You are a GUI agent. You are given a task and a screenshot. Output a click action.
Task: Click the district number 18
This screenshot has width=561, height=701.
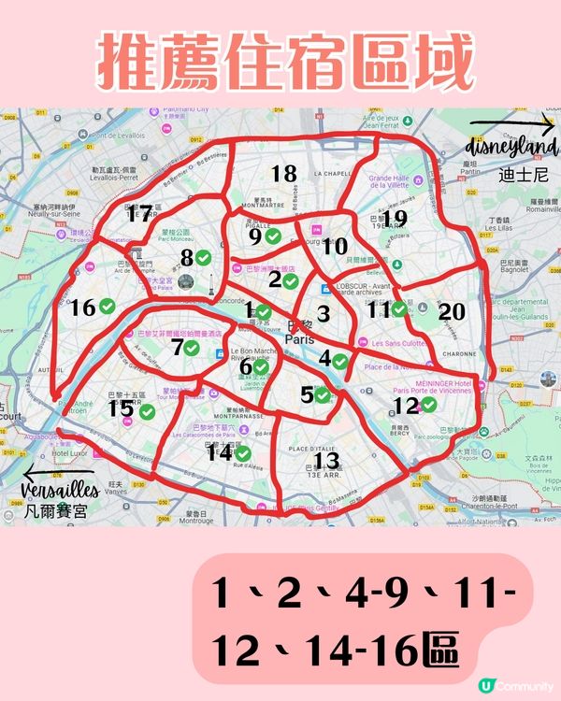pos(283,173)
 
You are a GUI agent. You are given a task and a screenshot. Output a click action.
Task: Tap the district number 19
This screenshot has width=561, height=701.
pos(395,218)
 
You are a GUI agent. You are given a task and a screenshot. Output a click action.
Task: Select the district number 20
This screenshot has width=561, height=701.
pos(452,312)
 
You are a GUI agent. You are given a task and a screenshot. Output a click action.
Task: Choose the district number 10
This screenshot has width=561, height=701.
pos(334,247)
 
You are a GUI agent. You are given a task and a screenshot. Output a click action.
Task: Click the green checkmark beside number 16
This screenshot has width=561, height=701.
pos(108,306)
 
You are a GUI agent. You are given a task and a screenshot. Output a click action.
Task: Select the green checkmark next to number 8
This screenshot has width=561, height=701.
pos(202,257)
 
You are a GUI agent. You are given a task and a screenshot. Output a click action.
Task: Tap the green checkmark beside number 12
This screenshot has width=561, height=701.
pos(428,405)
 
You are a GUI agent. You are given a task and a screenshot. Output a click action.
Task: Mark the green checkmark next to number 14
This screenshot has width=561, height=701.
pos(243,453)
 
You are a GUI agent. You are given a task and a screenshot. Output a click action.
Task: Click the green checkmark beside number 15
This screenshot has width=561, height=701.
pos(147,410)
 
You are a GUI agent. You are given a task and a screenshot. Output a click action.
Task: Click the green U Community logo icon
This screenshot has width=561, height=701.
pos(485,685)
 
